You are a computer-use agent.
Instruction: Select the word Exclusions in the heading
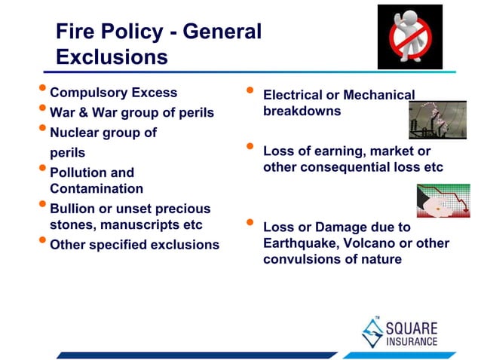click(112, 58)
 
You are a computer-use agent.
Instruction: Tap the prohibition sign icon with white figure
click(410, 36)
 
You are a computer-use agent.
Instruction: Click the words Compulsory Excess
click(113, 93)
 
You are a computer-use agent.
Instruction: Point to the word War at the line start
click(64, 113)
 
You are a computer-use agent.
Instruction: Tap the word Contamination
click(96, 189)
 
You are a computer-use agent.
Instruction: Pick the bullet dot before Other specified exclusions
click(42, 243)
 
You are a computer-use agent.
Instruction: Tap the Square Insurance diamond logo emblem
click(373, 331)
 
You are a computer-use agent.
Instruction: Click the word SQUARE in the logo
click(412, 328)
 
